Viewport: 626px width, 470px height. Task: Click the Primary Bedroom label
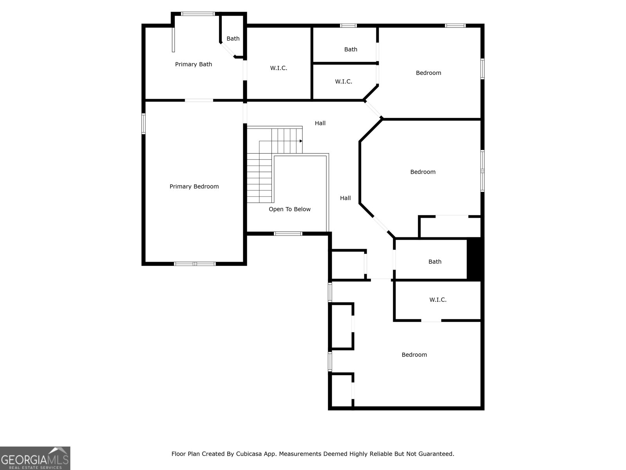(x=194, y=186)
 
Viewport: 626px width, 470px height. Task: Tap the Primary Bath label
(x=193, y=64)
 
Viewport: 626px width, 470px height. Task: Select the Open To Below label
(x=290, y=209)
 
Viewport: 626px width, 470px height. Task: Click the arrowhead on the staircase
(x=300, y=141)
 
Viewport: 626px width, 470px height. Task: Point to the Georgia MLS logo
(x=35, y=458)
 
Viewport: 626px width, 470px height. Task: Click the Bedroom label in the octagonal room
(x=423, y=172)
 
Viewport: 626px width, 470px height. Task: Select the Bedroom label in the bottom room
(x=414, y=355)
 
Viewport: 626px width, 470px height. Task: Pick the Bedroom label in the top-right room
(x=428, y=73)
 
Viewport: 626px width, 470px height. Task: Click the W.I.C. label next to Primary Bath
(x=278, y=68)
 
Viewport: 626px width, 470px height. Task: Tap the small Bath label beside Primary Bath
(x=233, y=38)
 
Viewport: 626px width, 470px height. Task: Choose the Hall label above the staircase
(x=320, y=123)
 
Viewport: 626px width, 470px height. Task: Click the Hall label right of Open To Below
(x=345, y=198)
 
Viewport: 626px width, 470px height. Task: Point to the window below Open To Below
(x=288, y=234)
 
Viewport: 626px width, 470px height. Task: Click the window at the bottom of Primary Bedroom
(x=195, y=264)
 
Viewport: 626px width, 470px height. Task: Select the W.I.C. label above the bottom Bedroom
(x=438, y=300)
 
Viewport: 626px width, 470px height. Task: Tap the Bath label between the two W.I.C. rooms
(x=351, y=49)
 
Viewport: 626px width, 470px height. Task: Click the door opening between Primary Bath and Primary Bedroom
(x=199, y=100)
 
